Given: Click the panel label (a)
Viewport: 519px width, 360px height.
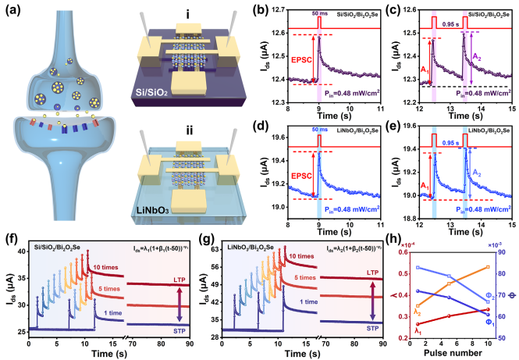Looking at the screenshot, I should point(14,12).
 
